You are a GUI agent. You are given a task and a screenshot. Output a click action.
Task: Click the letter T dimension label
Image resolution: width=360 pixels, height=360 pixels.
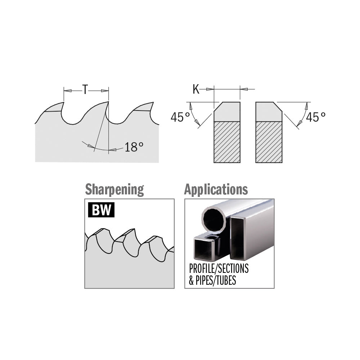click(85, 90)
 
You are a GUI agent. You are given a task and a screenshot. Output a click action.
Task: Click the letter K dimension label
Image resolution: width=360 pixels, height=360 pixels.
click(196, 89)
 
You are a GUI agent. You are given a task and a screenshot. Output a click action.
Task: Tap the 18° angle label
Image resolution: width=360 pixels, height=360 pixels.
click(134, 147)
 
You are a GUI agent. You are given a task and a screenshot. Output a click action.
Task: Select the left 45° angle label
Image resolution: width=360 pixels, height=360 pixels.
click(180, 117)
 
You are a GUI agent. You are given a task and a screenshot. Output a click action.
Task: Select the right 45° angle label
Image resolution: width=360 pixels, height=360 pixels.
click(316, 117)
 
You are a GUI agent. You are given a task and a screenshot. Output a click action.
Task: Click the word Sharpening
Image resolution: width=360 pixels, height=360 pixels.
click(114, 190)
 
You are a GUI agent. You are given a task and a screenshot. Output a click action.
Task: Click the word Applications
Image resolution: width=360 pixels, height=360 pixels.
click(216, 189)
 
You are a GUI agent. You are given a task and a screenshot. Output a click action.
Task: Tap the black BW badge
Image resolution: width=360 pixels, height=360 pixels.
click(101, 210)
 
